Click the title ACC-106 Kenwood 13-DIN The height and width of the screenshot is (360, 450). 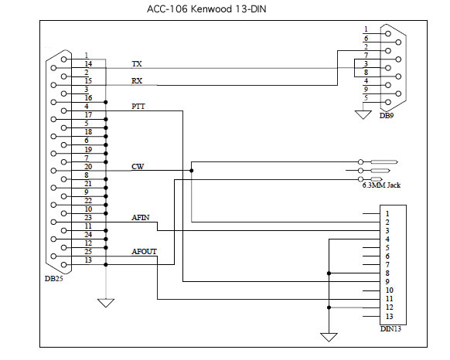click(206, 9)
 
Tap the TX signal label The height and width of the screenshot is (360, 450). click(137, 63)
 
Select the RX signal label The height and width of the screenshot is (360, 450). click(137, 81)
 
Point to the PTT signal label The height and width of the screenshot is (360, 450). click(138, 107)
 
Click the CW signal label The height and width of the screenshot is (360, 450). click(138, 166)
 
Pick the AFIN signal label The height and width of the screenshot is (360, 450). click(141, 217)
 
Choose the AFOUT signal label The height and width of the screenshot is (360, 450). click(144, 252)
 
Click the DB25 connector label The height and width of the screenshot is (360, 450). click(53, 279)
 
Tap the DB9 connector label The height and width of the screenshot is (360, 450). click(387, 115)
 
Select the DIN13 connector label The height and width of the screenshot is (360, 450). click(390, 329)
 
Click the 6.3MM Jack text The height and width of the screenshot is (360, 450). click(381, 185)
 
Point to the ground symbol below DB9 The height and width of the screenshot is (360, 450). click(363, 115)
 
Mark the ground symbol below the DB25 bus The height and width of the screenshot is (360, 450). click(106, 303)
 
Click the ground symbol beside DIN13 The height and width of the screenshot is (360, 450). click(329, 338)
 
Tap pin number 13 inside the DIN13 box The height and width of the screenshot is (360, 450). click(389, 317)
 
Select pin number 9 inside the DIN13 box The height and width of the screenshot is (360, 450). click(387, 282)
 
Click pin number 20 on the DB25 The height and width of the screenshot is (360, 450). click(88, 166)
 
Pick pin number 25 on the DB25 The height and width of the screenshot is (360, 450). click(88, 252)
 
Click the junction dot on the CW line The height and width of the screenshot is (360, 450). click(192, 171)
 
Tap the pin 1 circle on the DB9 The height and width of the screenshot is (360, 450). click(388, 33)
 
